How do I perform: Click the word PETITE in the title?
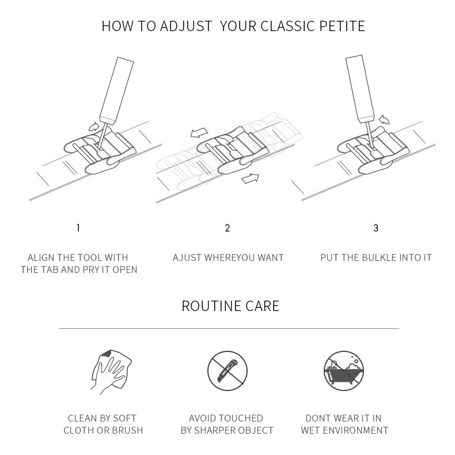click(x=342, y=26)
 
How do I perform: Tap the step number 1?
click(x=78, y=228)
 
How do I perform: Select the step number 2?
click(x=227, y=228)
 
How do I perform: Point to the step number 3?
click(x=376, y=228)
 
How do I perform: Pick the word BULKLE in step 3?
click(x=378, y=257)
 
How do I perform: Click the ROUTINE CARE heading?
click(x=230, y=306)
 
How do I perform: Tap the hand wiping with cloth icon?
click(x=111, y=371)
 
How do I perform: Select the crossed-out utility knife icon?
click(x=227, y=371)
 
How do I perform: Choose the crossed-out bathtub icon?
click(x=344, y=371)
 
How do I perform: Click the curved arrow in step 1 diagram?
click(x=94, y=127)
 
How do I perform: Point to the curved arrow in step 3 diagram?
click(x=385, y=119)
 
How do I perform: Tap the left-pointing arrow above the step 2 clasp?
click(x=199, y=132)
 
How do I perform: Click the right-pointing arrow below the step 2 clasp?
click(x=250, y=178)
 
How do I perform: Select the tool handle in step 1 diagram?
click(x=117, y=90)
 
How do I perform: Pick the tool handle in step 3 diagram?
click(x=360, y=89)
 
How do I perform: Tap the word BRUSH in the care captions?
click(x=127, y=430)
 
